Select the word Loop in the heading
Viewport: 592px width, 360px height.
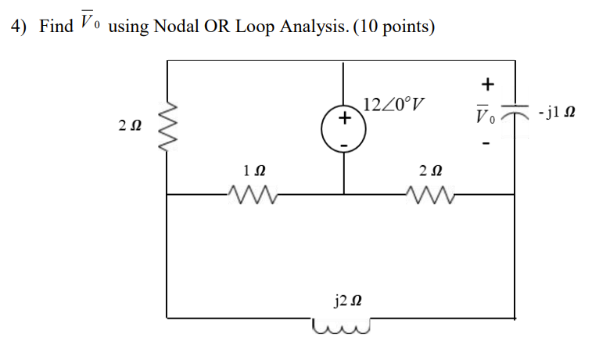coord(250,27)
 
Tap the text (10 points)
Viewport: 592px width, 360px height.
coord(395,27)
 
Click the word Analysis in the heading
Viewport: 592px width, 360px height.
coord(311,27)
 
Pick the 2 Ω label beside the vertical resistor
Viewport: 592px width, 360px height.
coord(130,126)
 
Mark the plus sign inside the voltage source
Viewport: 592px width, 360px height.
coord(343,120)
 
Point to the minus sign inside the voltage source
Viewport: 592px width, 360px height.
coord(343,144)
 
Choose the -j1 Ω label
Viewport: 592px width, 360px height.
coord(556,114)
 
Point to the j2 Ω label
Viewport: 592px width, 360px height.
coord(345,300)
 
